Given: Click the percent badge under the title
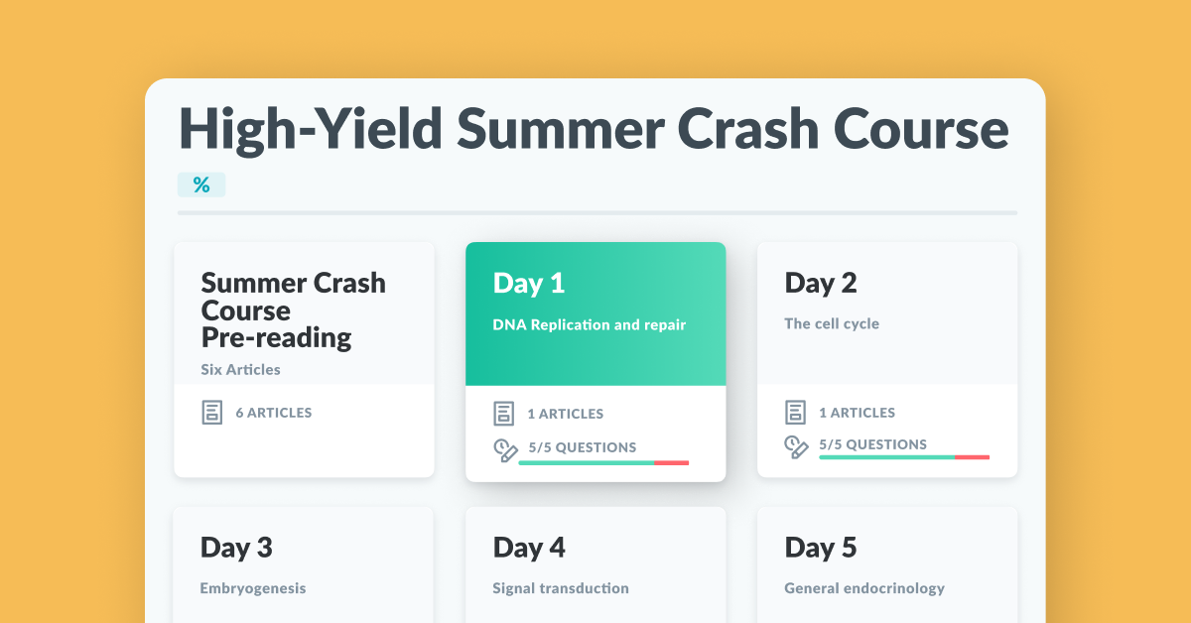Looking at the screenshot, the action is click(x=201, y=185).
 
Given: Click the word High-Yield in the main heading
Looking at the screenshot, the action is click(x=311, y=129).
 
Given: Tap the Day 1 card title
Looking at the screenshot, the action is click(x=528, y=284).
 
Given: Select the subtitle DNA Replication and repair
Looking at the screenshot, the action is click(x=590, y=324).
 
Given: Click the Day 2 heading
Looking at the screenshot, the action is click(x=821, y=284).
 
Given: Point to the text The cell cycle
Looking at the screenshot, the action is click(x=832, y=323).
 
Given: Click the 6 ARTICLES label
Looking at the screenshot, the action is click(x=274, y=413).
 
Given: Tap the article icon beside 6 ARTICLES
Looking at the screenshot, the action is click(x=212, y=413).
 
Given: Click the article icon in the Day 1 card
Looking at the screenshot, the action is click(x=503, y=414).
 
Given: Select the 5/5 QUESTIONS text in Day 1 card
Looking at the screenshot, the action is click(x=583, y=447).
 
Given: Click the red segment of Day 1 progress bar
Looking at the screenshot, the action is click(x=672, y=463).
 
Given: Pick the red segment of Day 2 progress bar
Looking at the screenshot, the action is click(x=972, y=457).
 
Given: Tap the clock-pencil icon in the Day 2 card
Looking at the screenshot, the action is click(x=796, y=447).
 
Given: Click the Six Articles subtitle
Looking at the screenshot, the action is click(x=240, y=369).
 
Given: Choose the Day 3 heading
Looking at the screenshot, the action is click(x=236, y=548).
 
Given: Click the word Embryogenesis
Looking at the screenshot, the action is click(x=253, y=588).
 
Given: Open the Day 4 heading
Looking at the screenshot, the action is click(x=529, y=548).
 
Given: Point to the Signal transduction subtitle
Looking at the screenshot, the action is click(x=561, y=588).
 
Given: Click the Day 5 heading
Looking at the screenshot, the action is click(x=821, y=548).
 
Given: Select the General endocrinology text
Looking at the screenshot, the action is click(x=864, y=588).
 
